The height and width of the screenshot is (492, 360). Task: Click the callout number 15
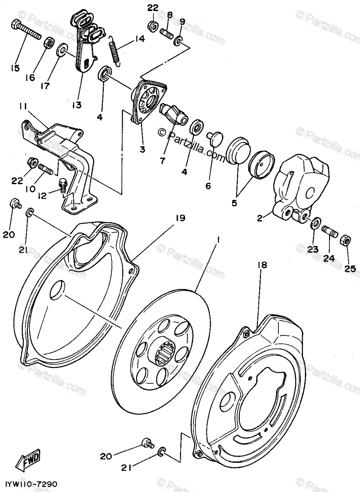tap(16, 68)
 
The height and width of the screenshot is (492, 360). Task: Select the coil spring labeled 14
tap(115, 48)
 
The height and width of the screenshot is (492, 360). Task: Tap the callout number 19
tap(180, 219)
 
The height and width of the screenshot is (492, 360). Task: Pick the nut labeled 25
tap(345, 240)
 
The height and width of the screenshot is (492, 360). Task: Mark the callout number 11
tap(23, 107)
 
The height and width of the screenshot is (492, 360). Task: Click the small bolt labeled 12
tap(63, 185)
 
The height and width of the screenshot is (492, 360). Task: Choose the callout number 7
tap(162, 161)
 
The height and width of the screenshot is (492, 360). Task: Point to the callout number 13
tap(76, 105)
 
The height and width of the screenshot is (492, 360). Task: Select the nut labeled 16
tap(49, 42)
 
